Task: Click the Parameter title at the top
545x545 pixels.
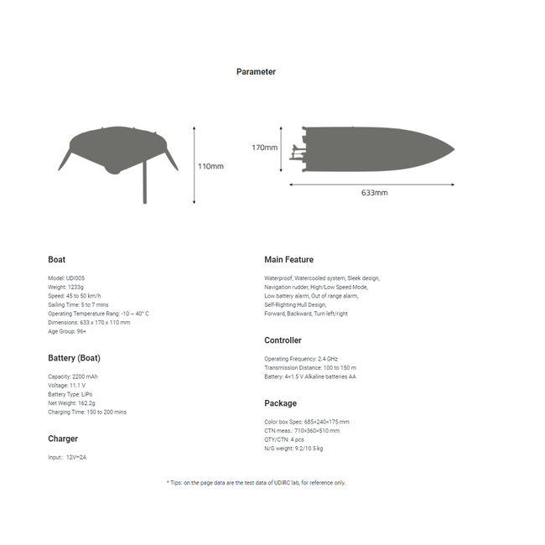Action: click(x=256, y=72)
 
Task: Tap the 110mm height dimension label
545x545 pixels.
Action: click(x=210, y=166)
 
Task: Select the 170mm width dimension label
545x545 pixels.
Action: click(x=264, y=148)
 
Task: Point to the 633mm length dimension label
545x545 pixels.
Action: click(x=374, y=193)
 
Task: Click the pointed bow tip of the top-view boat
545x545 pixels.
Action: click(x=453, y=150)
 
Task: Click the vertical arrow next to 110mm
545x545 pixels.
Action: click(x=195, y=165)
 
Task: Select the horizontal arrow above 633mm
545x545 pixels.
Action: click(x=373, y=184)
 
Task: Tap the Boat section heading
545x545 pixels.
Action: click(x=56, y=260)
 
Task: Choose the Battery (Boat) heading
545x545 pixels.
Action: click(x=74, y=358)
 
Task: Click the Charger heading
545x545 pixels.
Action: click(x=63, y=439)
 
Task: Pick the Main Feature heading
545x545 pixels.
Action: click(x=288, y=260)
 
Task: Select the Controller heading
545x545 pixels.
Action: click(x=283, y=340)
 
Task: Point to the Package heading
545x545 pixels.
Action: click(x=280, y=403)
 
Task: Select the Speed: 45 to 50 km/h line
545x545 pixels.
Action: click(x=75, y=296)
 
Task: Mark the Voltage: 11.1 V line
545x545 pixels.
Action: click(x=66, y=386)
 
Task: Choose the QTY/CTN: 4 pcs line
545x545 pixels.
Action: click(x=284, y=439)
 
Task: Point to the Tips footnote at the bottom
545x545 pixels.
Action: click(x=256, y=483)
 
